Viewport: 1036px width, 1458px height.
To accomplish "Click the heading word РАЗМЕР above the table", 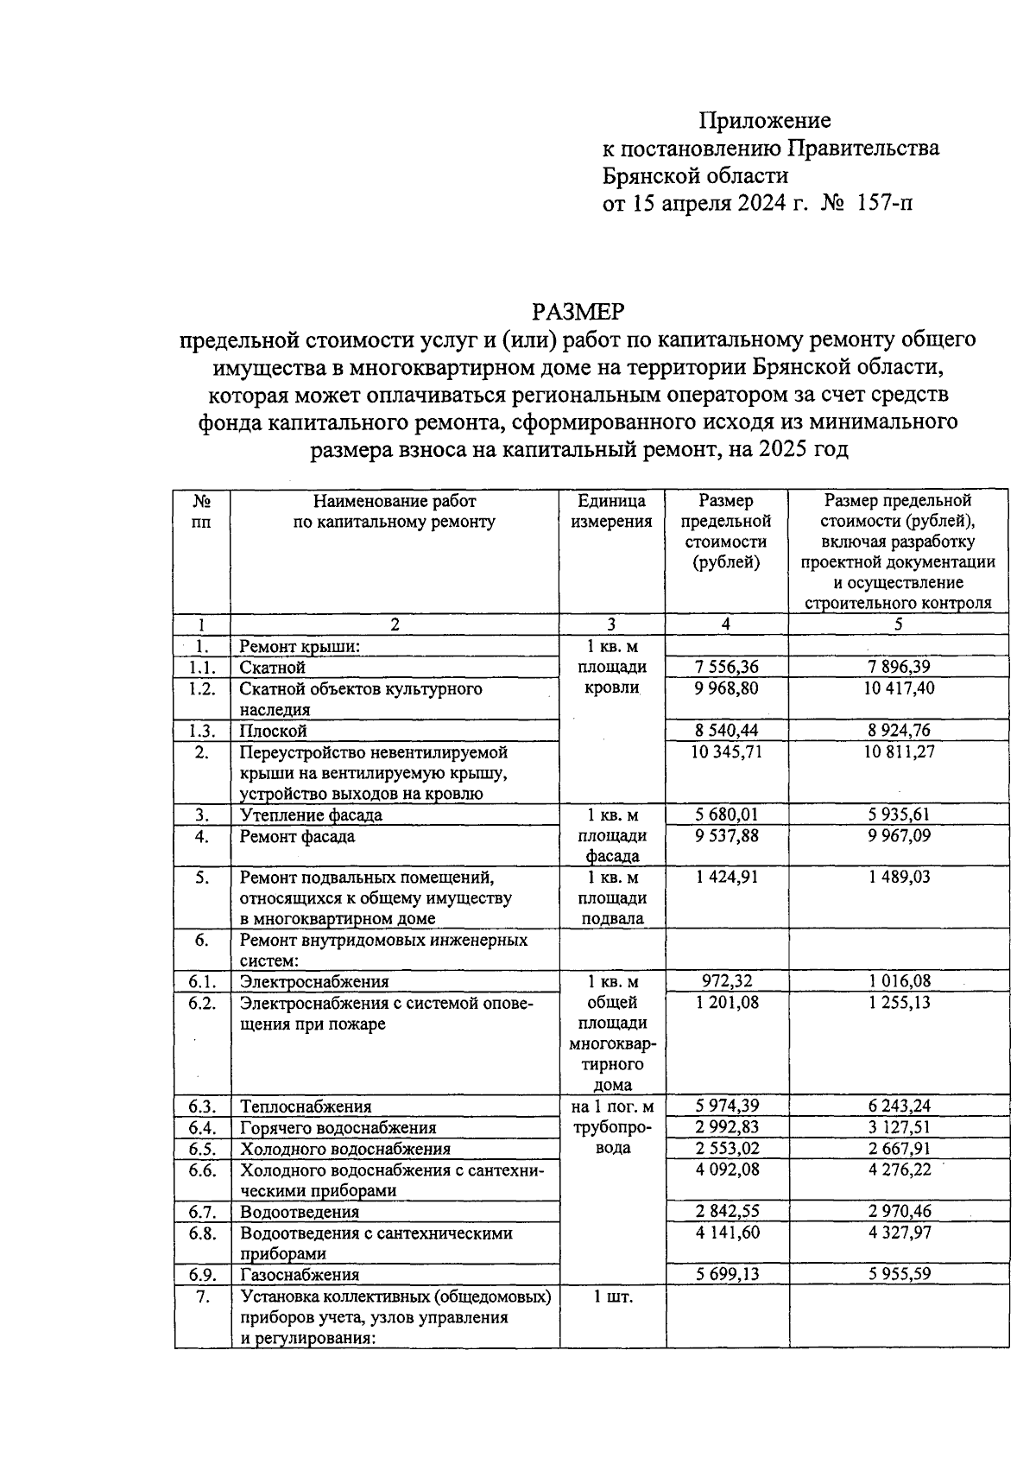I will (x=578, y=311).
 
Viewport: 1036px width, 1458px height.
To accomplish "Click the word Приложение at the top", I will (x=764, y=120).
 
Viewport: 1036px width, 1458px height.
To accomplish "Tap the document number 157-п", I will (x=884, y=204).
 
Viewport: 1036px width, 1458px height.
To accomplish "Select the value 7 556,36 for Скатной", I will (x=727, y=668).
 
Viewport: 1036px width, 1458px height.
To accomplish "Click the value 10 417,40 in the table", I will (x=898, y=688).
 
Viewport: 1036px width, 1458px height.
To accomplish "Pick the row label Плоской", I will (x=274, y=731).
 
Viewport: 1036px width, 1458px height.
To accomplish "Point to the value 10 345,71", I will (x=727, y=751).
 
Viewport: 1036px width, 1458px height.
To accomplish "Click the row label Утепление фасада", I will (x=311, y=815).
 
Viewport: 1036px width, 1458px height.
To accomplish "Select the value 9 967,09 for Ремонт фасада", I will (x=898, y=836).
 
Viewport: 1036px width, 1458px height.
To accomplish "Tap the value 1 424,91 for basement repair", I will (x=727, y=878).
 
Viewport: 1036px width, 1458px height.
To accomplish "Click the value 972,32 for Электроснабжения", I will (x=727, y=981).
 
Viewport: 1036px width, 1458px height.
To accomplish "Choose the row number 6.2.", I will (x=202, y=1003).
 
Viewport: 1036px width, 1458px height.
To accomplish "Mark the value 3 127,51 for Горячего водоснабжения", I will (x=898, y=1127).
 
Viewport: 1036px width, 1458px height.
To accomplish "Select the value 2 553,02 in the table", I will (x=727, y=1149).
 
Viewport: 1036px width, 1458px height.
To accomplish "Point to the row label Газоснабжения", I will (x=300, y=1275).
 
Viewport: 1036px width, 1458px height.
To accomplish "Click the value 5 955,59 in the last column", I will (x=898, y=1274).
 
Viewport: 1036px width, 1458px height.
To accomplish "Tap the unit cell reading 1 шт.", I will (x=613, y=1296).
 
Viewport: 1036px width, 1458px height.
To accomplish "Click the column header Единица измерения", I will (x=612, y=510).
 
